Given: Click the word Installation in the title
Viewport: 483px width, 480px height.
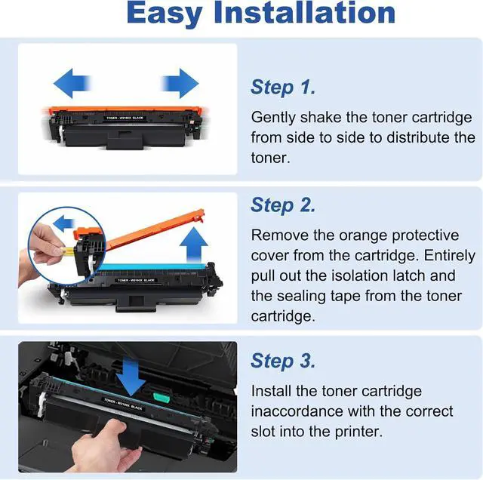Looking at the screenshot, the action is coord(305,12).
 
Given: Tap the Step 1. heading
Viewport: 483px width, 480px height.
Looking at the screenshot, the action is coord(283,88).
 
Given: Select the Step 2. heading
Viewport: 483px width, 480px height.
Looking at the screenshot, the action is coord(283,205).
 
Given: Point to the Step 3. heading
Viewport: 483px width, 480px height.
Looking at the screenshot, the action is coord(283,361).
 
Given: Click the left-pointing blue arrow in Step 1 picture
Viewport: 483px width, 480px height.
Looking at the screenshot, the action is coord(72,83).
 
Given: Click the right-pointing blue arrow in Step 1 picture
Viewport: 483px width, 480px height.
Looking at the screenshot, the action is coord(180,83).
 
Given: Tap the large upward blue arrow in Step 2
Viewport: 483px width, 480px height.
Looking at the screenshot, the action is coord(194,245).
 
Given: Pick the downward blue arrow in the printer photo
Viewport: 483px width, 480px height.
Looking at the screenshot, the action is coord(131,377).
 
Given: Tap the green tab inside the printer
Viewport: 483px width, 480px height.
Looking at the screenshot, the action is coord(162,398).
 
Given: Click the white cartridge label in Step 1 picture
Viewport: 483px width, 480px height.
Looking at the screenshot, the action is coord(125,118).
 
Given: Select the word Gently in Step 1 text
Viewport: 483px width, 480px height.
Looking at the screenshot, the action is coord(273,118).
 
